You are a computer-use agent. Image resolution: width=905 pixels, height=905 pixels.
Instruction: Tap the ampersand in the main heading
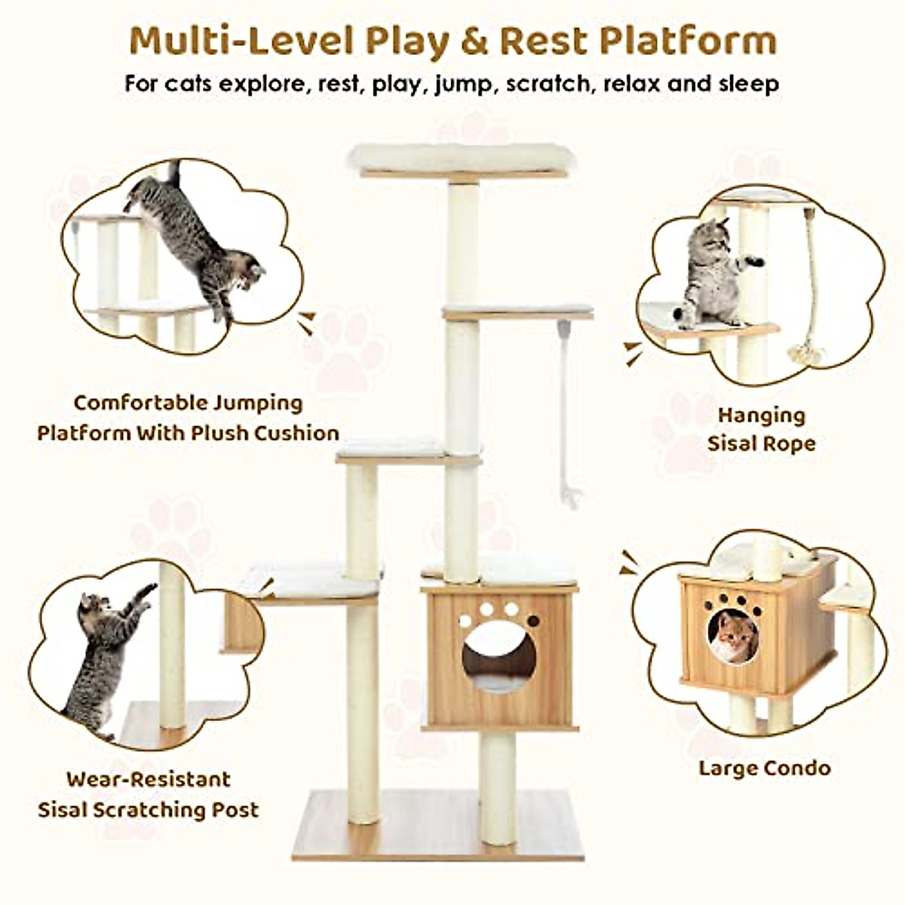tap(474, 41)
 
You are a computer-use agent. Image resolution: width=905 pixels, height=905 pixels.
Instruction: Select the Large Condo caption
tap(764, 768)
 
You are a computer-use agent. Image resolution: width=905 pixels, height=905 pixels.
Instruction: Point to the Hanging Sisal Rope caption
tap(761, 429)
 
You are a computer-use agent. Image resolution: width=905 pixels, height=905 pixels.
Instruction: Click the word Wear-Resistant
tap(148, 779)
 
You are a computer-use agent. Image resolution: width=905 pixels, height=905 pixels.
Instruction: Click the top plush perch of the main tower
tap(461, 158)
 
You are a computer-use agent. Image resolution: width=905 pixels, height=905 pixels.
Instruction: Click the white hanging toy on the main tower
tap(566, 411)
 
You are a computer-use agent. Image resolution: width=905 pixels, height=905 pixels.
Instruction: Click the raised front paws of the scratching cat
tap(143, 592)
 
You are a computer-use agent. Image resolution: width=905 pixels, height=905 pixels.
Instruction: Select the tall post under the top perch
tap(463, 241)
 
